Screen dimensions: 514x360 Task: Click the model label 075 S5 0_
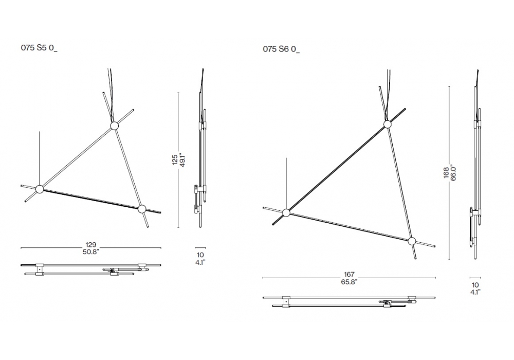point(39,48)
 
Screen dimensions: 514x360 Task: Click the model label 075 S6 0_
point(281,49)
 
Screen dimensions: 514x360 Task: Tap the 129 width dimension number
point(91,245)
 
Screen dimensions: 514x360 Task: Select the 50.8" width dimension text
point(91,252)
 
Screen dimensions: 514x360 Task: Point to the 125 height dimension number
point(175,159)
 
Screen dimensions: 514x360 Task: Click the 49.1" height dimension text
point(182,159)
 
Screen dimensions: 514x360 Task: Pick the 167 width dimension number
point(349,275)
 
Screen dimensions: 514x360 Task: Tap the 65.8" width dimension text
point(349,282)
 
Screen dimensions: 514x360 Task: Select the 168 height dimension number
point(446,173)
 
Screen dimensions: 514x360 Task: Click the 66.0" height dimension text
point(454,172)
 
